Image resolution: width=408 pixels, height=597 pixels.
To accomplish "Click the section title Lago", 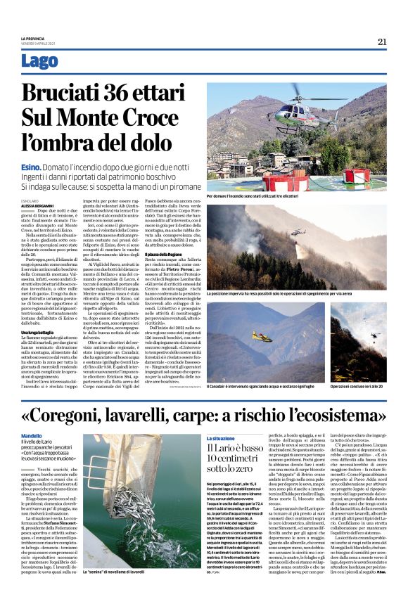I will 40,61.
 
